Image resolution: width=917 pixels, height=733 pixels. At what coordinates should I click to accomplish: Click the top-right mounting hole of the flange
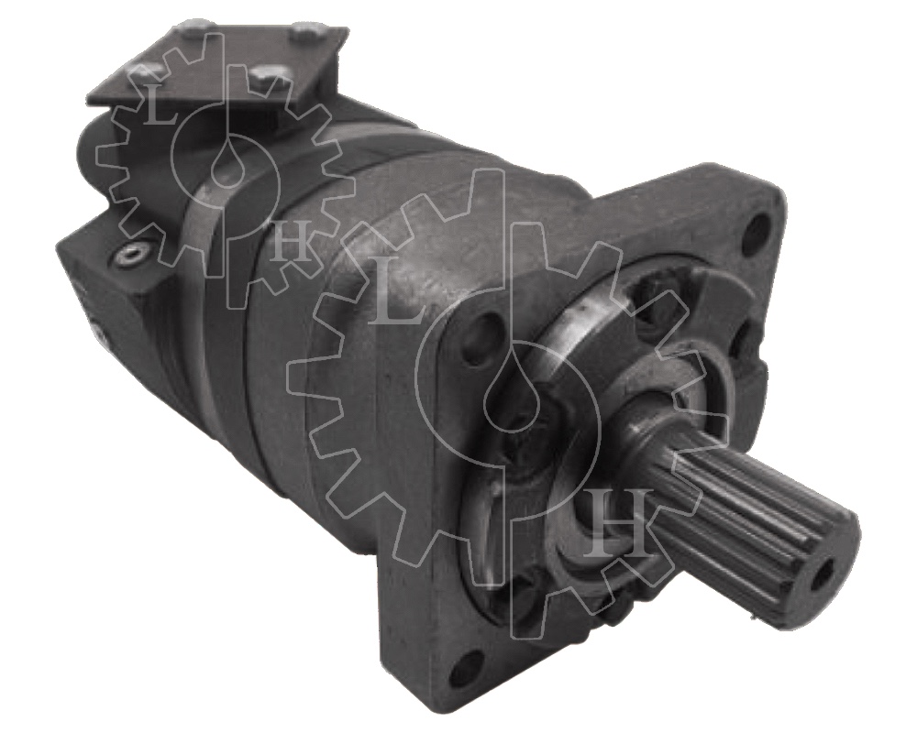[x=759, y=227]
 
